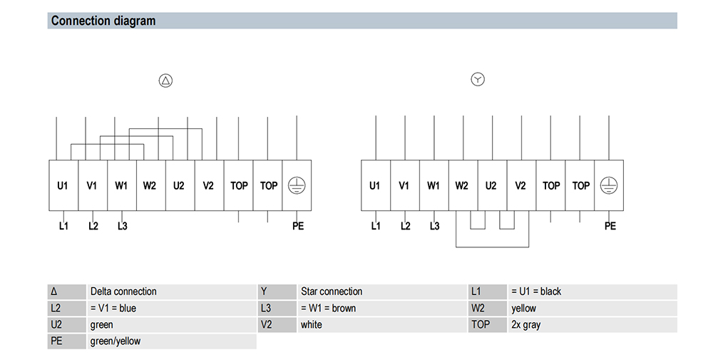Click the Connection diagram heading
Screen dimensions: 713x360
(x=103, y=21)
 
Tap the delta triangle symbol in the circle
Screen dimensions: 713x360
(x=165, y=81)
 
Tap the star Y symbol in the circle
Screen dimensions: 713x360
(x=478, y=80)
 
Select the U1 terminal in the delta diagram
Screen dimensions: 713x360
(x=63, y=185)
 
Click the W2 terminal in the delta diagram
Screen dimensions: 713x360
(x=150, y=185)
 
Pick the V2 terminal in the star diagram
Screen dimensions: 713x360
(x=521, y=185)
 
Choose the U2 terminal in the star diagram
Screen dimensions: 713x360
(x=492, y=185)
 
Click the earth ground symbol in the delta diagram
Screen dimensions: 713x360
(x=297, y=185)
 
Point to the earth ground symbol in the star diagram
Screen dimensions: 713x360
(x=609, y=185)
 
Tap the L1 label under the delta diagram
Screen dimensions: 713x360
(x=63, y=226)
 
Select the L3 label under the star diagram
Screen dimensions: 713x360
(x=435, y=226)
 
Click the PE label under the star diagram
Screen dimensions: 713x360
(x=610, y=226)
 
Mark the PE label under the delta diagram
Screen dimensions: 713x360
(x=298, y=226)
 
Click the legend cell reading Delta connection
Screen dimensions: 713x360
(x=123, y=292)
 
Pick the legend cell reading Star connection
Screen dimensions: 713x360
(x=332, y=292)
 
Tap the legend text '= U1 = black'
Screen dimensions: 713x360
(x=536, y=292)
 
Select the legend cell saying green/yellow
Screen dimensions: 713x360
(x=116, y=341)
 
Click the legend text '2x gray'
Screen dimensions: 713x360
(x=525, y=325)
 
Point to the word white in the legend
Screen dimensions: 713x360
(x=311, y=324)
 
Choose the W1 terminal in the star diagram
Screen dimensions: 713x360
(x=434, y=185)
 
